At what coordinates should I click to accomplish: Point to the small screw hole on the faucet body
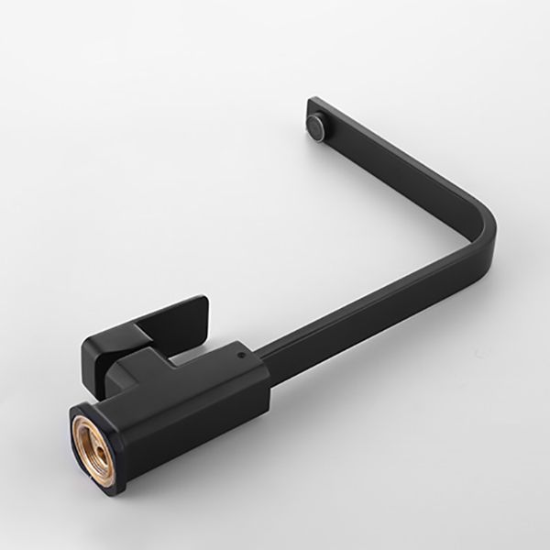point(240,350)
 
